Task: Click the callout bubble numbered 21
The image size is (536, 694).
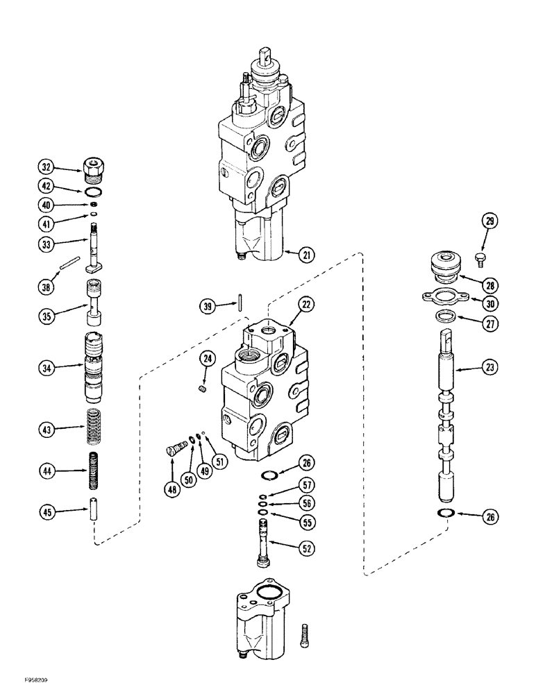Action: coord(303,255)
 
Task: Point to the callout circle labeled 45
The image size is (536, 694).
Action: coord(47,513)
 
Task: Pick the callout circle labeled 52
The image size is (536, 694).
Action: coord(303,548)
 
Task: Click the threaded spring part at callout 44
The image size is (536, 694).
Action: coord(93,471)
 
